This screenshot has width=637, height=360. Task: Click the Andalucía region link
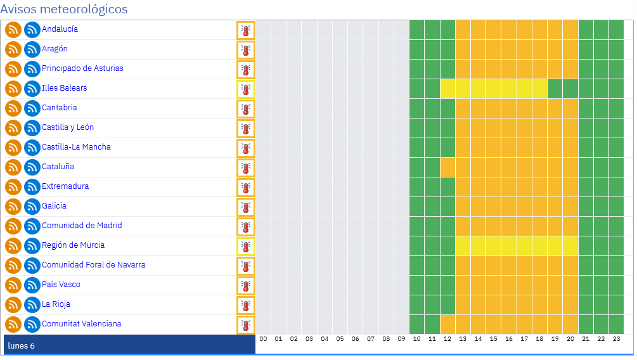(x=60, y=29)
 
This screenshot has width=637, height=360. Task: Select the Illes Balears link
(x=64, y=88)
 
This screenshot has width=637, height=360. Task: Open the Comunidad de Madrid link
(x=82, y=226)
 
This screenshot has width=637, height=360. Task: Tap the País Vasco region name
(x=61, y=285)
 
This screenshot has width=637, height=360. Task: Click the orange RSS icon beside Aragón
(x=13, y=49)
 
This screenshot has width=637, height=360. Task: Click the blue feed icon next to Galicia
(x=32, y=207)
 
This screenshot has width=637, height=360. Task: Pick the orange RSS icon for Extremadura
(x=13, y=187)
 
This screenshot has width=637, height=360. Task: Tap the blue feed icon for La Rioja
(x=32, y=305)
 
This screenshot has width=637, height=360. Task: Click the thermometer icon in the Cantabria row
(x=246, y=109)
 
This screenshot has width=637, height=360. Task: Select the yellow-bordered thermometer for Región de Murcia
(x=246, y=246)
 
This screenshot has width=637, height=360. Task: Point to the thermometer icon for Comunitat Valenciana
(x=246, y=325)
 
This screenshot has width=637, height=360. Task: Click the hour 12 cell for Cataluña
(x=447, y=167)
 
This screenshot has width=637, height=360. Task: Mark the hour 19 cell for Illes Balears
(x=555, y=89)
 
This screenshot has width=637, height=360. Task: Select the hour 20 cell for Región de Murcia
(x=570, y=246)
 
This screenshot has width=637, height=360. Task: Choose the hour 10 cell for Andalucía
(x=417, y=30)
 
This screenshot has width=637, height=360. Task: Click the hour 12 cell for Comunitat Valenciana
(x=447, y=325)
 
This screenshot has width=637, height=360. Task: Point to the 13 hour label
(x=463, y=339)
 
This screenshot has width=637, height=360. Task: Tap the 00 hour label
(x=263, y=339)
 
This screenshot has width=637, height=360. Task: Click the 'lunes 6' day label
(x=21, y=346)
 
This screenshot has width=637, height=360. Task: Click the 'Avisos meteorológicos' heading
(x=64, y=9)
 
